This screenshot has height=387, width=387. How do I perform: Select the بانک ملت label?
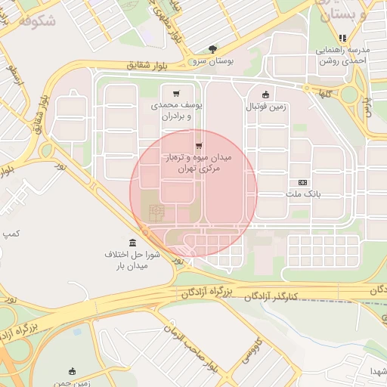coord(303,194)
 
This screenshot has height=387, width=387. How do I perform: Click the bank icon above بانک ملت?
coord(303,183)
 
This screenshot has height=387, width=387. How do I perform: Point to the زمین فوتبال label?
coord(266,107)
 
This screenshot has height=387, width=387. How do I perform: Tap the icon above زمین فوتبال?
coord(265,94)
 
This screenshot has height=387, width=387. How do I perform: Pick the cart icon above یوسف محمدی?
coord(176,93)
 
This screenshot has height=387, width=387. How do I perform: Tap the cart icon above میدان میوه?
coord(199,146)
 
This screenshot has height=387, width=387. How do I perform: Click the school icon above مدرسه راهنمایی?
coord(342,38)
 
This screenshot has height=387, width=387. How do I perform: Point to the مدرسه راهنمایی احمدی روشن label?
coord(342,56)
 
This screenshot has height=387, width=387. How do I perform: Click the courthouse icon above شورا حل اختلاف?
coord(133,243)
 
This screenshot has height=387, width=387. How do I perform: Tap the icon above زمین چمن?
coord(72,371)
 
